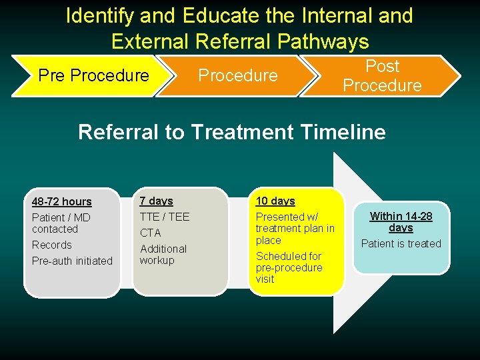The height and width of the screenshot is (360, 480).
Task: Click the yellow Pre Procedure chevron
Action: click(x=93, y=75)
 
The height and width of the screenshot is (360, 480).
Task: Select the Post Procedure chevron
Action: click(x=382, y=75)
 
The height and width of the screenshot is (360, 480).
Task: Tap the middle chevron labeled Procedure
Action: click(x=237, y=75)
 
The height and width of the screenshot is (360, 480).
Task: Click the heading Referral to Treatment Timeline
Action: click(x=232, y=132)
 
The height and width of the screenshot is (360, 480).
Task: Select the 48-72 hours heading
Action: click(x=62, y=201)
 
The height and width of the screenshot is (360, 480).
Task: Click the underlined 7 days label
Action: click(x=156, y=201)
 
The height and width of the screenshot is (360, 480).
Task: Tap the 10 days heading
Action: click(x=275, y=201)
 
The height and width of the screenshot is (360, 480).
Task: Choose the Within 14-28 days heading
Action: click(x=401, y=221)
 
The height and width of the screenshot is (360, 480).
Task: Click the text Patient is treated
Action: click(x=401, y=243)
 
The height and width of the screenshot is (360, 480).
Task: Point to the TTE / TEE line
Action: click(x=165, y=217)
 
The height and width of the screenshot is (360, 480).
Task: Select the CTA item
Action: click(x=150, y=233)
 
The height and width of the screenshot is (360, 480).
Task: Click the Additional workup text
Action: click(x=163, y=255)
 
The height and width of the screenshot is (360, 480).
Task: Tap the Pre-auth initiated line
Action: click(x=72, y=261)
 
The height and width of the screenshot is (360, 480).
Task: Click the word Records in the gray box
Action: click(x=51, y=245)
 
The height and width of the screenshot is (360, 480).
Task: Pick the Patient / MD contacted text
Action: click(x=61, y=223)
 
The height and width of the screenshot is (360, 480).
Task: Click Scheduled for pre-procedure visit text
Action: click(x=289, y=267)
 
